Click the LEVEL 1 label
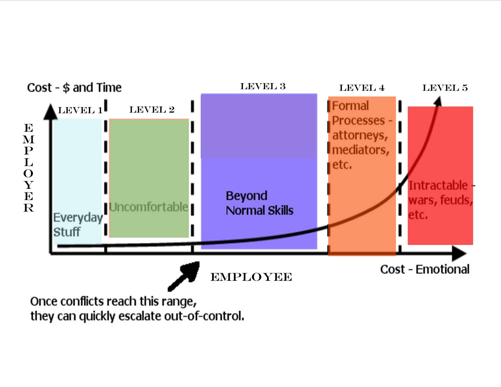point(80,110)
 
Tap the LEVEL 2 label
point(152,110)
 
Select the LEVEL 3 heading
point(263,86)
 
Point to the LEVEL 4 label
point(362,88)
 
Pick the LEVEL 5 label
point(445,88)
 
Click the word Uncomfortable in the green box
point(149,207)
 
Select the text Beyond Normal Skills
point(260,203)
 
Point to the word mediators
point(360,150)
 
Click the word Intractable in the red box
point(438,185)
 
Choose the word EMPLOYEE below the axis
point(251,277)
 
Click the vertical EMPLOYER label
point(28,168)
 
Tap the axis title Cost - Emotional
point(425,269)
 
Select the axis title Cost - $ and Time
point(74,88)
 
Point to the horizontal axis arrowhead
point(459,253)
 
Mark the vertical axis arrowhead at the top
point(50,112)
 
